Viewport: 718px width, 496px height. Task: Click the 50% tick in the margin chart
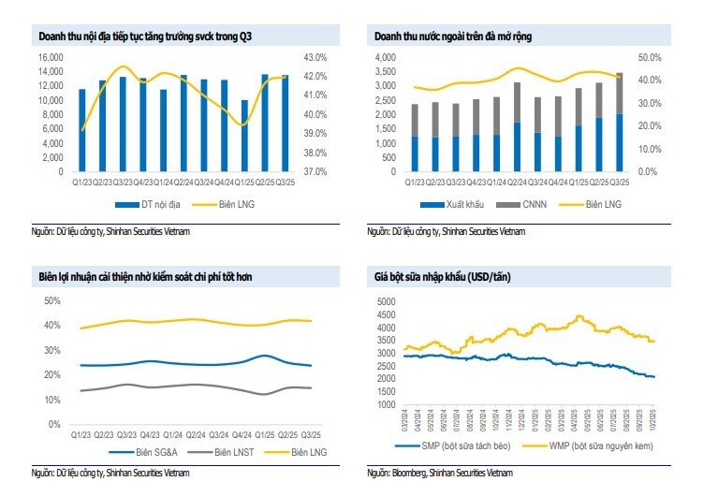tap(52, 300)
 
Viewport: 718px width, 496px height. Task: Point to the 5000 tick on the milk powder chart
tap(387, 301)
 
